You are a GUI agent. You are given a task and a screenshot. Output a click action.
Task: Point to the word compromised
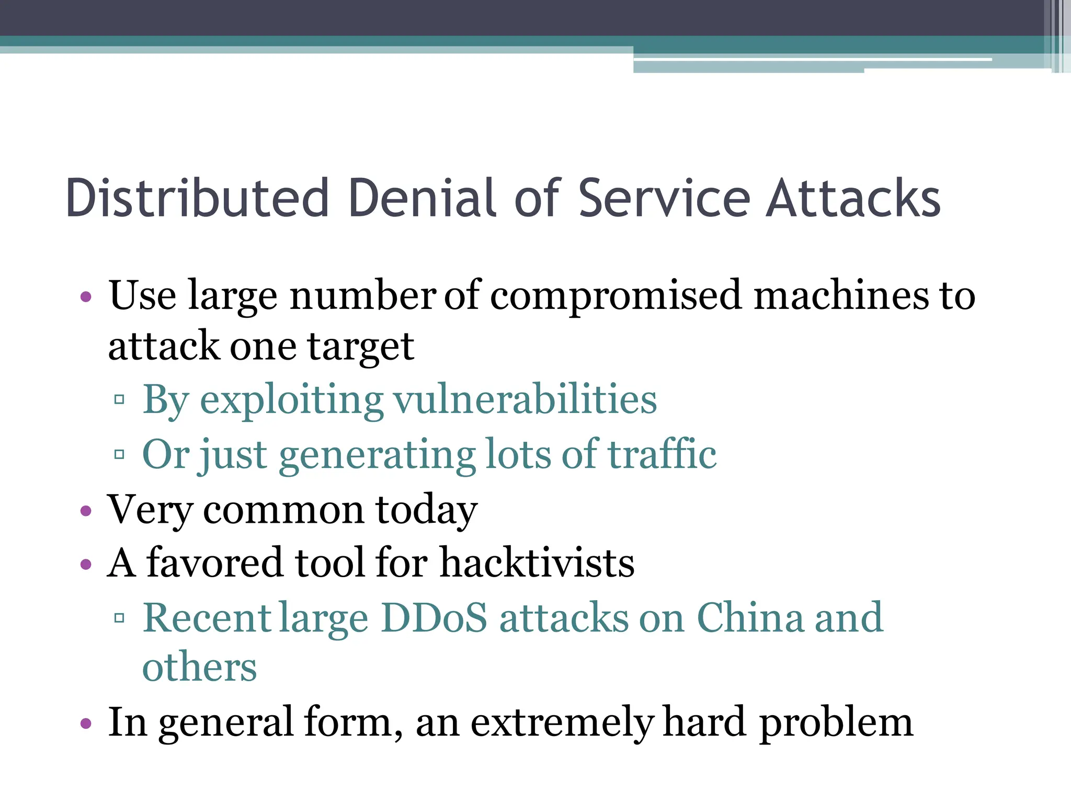[616, 296]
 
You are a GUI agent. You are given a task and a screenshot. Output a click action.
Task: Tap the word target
[361, 347]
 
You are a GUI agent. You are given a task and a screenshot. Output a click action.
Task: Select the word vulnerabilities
[525, 400]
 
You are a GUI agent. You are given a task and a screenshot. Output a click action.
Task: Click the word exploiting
[292, 400]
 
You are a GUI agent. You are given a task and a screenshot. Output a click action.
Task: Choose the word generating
[377, 455]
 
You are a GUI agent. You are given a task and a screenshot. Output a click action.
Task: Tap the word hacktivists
[537, 563]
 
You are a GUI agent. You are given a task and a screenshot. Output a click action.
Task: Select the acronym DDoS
[434, 618]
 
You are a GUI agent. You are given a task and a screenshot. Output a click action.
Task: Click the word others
[200, 668]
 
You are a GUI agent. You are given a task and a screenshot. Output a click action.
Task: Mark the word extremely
[562, 723]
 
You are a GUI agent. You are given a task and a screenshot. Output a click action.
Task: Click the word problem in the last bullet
[836, 723]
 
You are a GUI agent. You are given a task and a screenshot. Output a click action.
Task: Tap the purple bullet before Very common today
[86, 511]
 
